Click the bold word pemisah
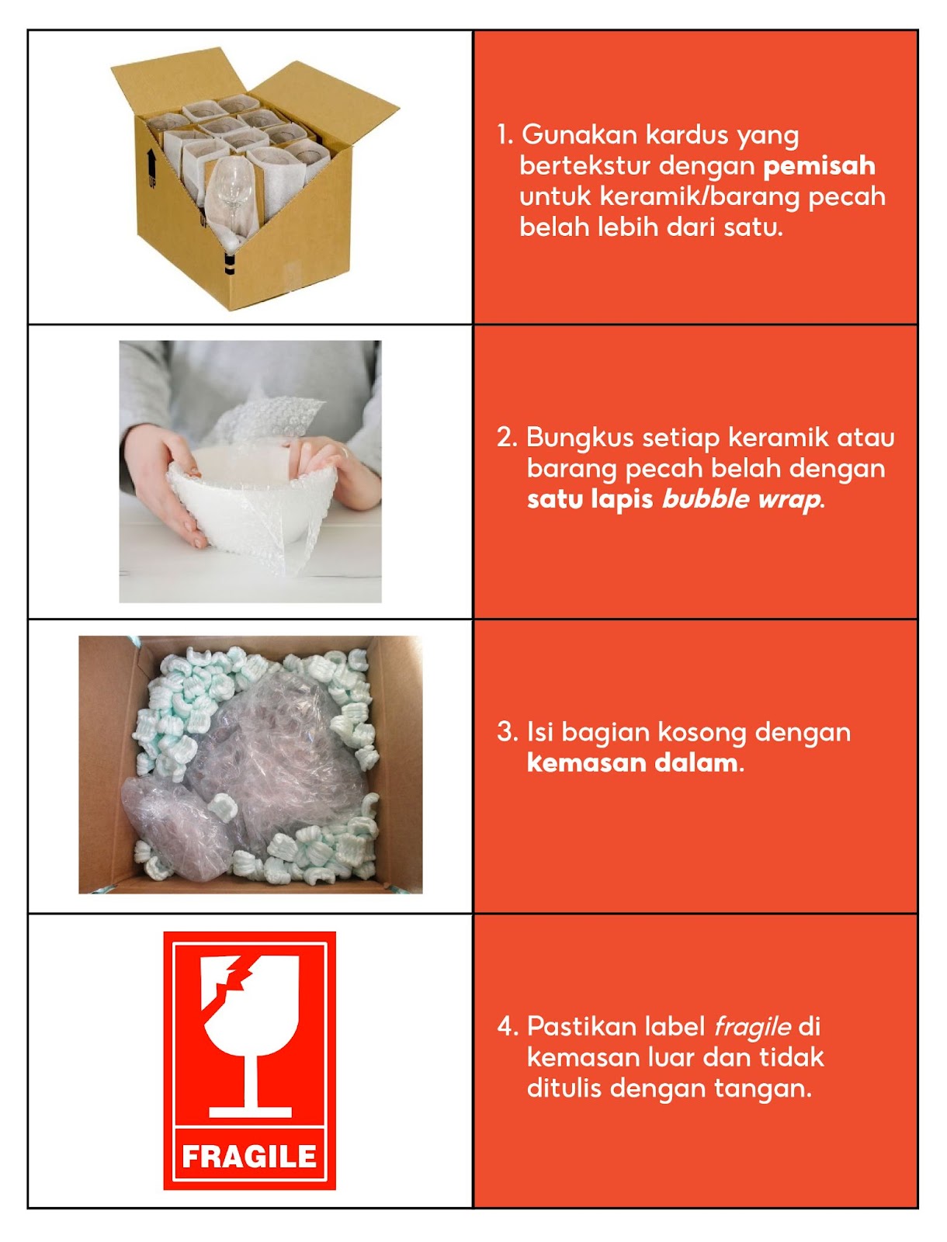coord(819,166)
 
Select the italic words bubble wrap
coord(741,499)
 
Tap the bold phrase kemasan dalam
coord(633,763)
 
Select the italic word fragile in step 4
coord(752,1027)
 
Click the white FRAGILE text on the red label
coord(249,1157)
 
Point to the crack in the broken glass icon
coord(231,982)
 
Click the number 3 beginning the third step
coord(506,732)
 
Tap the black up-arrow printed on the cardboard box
coord(151,165)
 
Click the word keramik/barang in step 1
coord(699,197)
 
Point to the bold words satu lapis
coord(590,499)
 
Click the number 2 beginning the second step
coord(506,438)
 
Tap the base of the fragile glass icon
coord(250,1112)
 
